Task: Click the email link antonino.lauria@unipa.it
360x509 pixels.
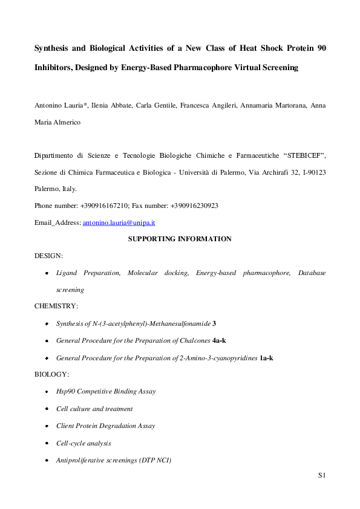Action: [119, 222]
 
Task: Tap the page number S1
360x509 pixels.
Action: [322, 476]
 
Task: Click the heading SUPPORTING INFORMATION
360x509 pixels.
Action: [180, 239]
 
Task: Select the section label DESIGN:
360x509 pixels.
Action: [48, 256]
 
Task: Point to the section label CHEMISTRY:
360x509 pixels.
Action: [56, 306]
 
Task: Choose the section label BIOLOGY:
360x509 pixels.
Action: [52, 374]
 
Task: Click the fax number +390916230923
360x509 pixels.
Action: [189, 206]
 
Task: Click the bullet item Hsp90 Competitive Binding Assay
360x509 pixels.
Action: [105, 391]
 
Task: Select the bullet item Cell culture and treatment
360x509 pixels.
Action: [94, 408]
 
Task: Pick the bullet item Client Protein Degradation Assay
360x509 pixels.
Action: [105, 426]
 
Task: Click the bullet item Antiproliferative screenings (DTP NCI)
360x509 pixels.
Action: [114, 460]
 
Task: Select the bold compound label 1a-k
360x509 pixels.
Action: [266, 357]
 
